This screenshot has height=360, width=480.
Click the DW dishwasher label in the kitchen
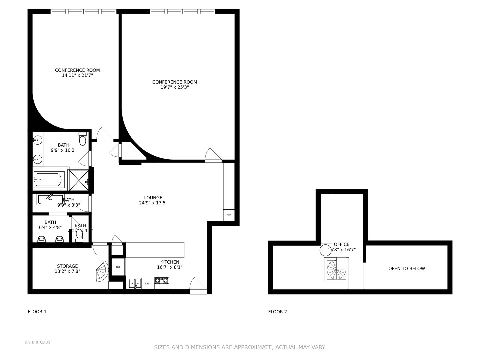tap(147, 284)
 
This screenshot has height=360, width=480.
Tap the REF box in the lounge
tap(229, 215)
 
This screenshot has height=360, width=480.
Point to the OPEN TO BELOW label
tap(406, 268)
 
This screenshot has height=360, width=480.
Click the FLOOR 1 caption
tap(37, 312)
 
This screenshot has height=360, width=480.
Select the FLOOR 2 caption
tap(277, 312)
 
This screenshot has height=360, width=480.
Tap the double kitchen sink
tap(135, 284)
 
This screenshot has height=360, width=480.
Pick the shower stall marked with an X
tap(79, 180)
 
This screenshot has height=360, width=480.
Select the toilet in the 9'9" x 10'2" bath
tap(83, 137)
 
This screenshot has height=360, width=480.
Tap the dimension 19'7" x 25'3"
tap(175, 87)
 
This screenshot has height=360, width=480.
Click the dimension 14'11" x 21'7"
tap(77, 75)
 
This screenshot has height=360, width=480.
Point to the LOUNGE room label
tap(153, 197)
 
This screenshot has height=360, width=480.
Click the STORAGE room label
tap(67, 266)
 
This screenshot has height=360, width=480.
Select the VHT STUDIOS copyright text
tap(37, 342)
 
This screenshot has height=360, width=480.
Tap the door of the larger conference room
tap(213, 155)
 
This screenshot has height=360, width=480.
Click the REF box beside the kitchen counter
tap(118, 267)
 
